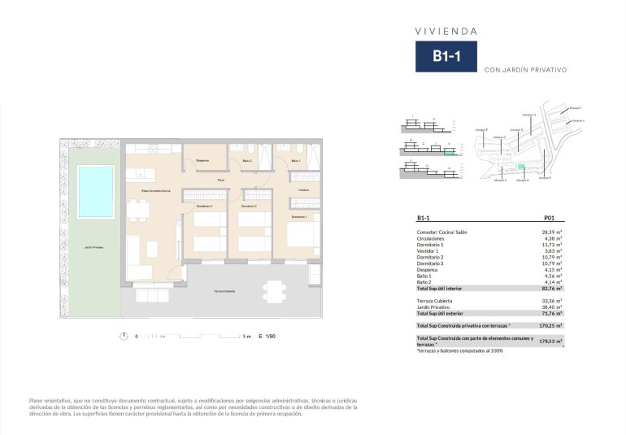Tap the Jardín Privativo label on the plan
tap(93, 247)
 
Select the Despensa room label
tap(202, 160)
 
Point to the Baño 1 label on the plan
tap(295, 160)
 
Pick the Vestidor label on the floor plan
tap(303, 189)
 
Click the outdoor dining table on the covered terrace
tap(275, 290)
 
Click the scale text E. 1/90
tap(267, 335)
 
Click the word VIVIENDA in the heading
tap(446, 31)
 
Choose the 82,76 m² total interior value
tap(553, 288)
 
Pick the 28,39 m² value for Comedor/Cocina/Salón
tap(553, 232)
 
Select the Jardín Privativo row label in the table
tap(434, 306)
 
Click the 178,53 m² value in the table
tap(552, 341)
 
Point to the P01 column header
tap(548, 218)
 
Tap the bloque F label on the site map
tap(480, 128)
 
